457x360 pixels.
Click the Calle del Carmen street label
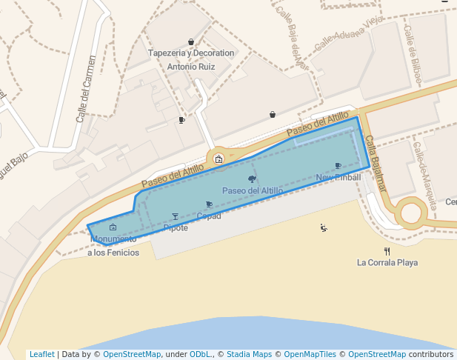[87, 89]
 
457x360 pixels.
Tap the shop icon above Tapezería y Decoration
[191, 42]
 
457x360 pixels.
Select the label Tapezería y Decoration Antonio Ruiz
[191, 60]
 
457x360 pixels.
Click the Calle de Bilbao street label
[413, 44]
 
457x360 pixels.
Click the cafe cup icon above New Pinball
[338, 166]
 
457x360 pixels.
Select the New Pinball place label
[338, 178]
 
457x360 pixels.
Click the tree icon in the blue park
[253, 179]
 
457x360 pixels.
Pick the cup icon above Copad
[209, 204]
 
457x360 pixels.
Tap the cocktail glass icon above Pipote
[176, 216]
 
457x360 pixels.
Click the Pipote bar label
[176, 228]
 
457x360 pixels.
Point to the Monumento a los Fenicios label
[113, 246]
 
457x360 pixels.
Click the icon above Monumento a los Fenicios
[113, 227]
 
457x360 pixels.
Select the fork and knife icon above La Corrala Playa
[387, 251]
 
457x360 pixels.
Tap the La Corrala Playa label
[387, 262]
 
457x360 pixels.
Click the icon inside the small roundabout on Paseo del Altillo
[219, 159]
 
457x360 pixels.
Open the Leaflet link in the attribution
[42, 354]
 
